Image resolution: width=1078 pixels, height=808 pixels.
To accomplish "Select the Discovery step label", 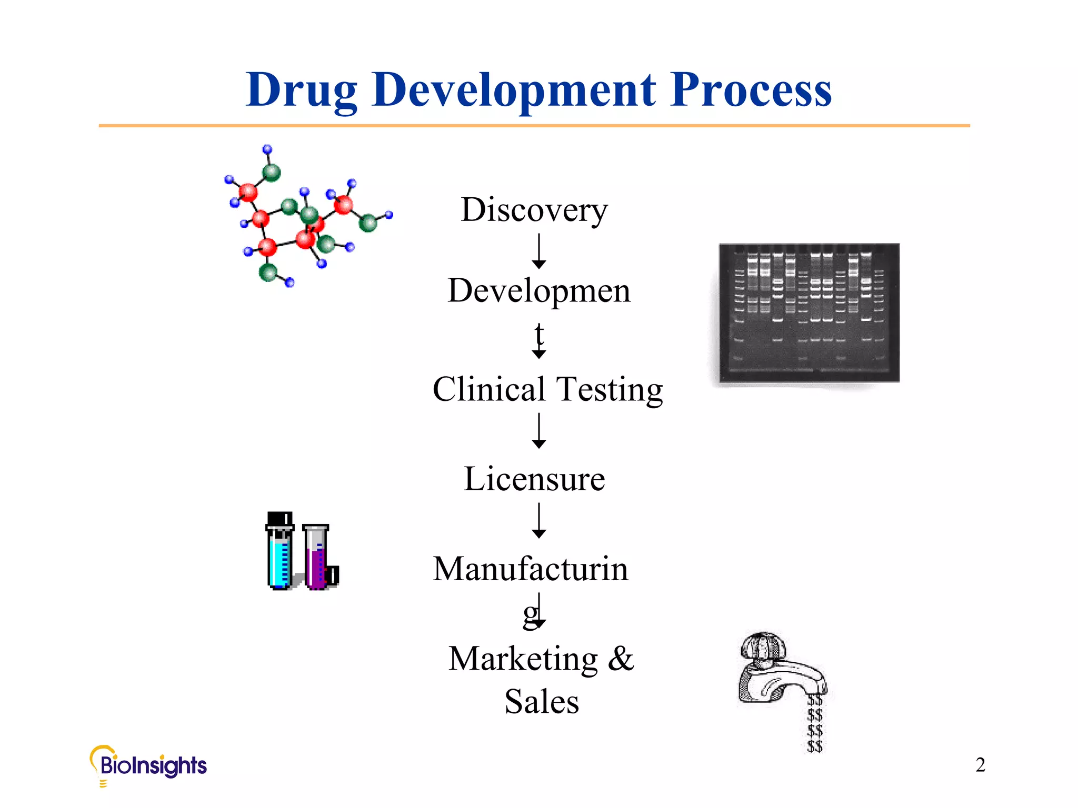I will point(534,210).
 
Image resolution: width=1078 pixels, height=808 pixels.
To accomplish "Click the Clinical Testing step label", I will point(547,390).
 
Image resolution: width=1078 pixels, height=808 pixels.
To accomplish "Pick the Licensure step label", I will point(534,479).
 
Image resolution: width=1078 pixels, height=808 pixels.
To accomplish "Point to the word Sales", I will point(542,702).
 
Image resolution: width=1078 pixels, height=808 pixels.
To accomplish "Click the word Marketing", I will point(523,659).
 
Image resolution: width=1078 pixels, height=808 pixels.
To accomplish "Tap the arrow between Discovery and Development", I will point(538,251).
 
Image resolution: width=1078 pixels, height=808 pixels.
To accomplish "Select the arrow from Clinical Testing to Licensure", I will point(538,431).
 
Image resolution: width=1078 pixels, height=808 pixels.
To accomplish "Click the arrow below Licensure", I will point(538,521).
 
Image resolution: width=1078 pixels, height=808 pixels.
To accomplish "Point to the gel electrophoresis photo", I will point(809,312).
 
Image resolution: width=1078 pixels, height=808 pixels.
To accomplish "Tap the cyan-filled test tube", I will point(280,552).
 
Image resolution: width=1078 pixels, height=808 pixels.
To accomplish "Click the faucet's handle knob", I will point(763,645).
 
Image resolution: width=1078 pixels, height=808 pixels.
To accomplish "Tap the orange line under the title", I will point(534,126).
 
